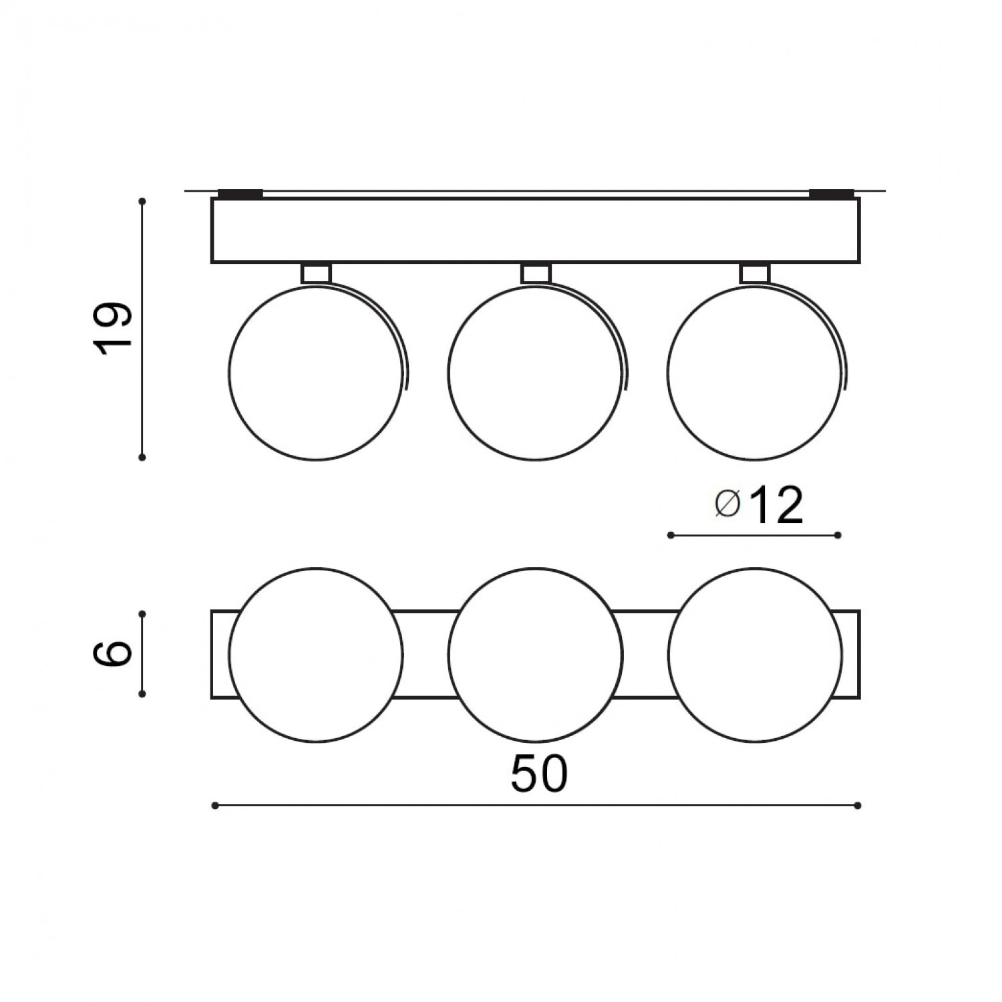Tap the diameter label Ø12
point(758,506)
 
